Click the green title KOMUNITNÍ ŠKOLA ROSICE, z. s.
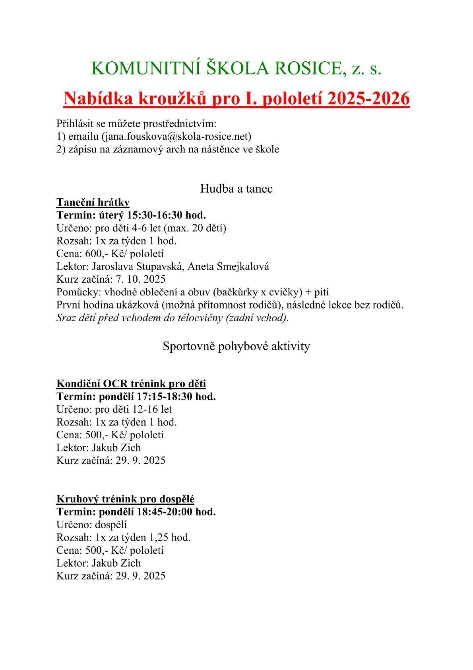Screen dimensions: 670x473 [236, 69]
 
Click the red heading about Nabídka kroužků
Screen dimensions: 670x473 [236, 98]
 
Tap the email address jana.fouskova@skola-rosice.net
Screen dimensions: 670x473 [176, 137]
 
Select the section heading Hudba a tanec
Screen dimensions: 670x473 [236, 188]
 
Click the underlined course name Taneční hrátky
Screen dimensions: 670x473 [93, 202]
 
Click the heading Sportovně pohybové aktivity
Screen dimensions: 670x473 [236, 346]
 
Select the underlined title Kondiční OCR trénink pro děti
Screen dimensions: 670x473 [131, 383]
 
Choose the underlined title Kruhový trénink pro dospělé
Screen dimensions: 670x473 [125, 499]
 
